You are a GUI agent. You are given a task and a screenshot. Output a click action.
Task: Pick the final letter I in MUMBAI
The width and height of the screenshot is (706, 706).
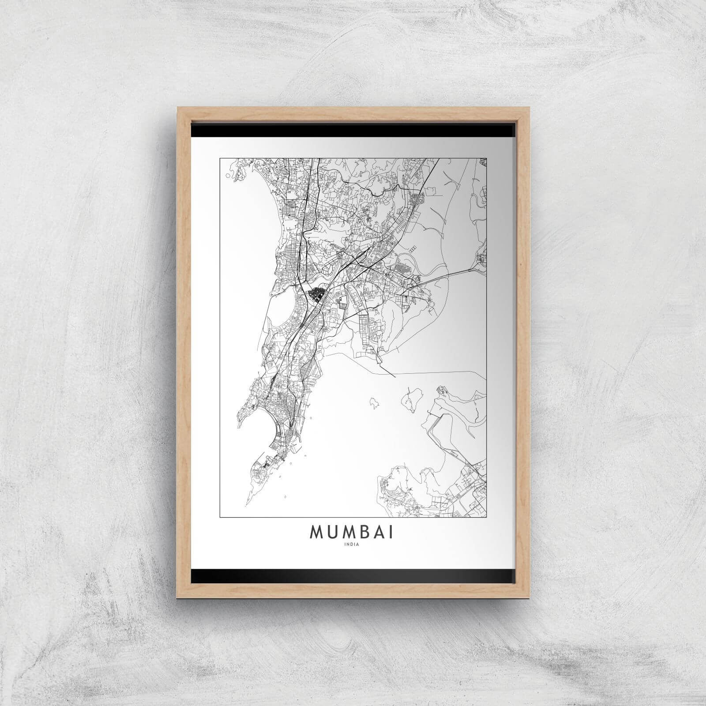pyautogui.click(x=392, y=533)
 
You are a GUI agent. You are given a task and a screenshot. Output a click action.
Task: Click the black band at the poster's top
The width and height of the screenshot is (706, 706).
pyautogui.click(x=353, y=131)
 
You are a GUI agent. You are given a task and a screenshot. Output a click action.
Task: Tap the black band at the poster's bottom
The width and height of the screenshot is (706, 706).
pyautogui.click(x=353, y=575)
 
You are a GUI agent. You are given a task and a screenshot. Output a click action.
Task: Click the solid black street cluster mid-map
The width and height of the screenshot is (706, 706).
pyautogui.click(x=316, y=294)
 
